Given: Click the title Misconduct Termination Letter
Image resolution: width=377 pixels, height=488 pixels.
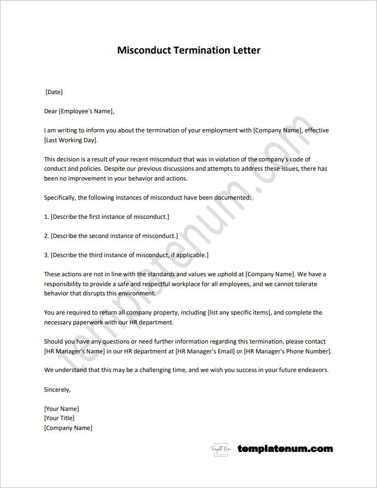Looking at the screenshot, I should tap(188, 50).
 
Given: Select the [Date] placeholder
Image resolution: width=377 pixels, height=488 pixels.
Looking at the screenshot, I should tap(54, 92).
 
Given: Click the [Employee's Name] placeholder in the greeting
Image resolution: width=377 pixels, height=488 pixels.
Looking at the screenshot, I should tap(86, 111).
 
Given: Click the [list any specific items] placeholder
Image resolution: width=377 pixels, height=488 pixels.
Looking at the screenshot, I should tap(239, 312).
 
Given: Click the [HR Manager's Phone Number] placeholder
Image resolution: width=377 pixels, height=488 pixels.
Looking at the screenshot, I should tap(287, 351).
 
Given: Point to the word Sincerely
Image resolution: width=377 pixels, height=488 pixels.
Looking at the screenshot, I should tap(57, 390).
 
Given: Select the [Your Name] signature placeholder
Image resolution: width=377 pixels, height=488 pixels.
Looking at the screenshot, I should tap(61, 409).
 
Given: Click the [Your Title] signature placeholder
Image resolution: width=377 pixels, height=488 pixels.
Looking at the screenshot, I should tap(59, 418).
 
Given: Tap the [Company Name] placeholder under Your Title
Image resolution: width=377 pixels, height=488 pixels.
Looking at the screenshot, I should tap(68, 428).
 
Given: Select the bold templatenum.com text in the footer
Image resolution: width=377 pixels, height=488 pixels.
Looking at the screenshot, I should tap(285, 449).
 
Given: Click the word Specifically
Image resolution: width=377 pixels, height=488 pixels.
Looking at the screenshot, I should tap(61, 197).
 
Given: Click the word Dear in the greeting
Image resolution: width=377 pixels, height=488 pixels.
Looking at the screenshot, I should tap(50, 111).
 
